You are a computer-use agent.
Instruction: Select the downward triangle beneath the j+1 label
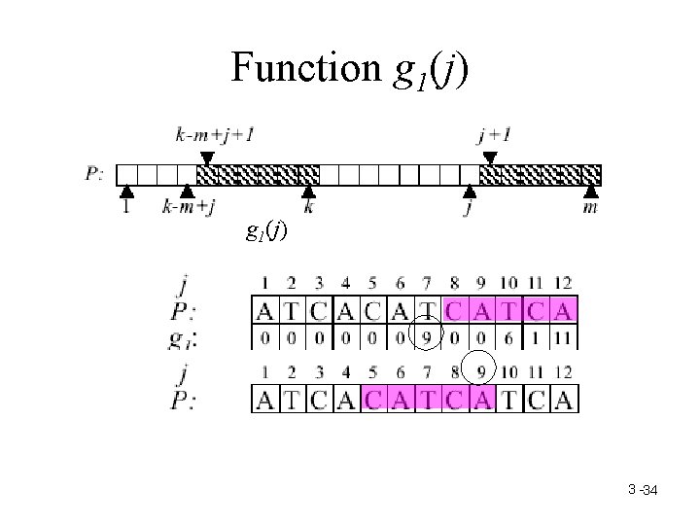[490, 157]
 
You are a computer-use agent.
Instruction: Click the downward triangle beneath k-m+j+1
[206, 157]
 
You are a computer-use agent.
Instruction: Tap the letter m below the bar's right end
[590, 208]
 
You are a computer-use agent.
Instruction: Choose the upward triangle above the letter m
[590, 192]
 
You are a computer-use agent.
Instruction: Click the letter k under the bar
[308, 208]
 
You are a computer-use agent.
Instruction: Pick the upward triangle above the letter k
[308, 192]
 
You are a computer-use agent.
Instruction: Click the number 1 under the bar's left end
[126, 208]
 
